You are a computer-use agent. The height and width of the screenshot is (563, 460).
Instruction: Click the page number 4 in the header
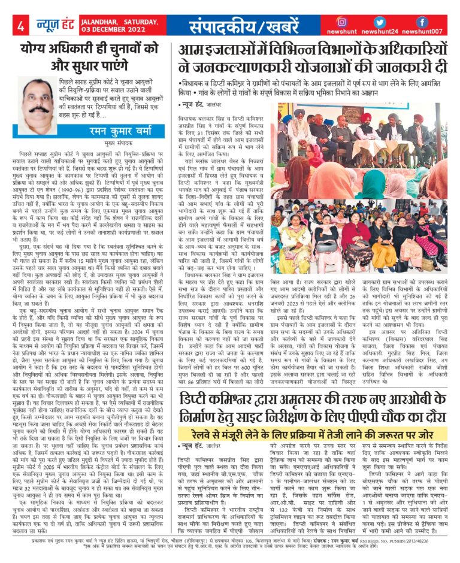pos(20,26)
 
